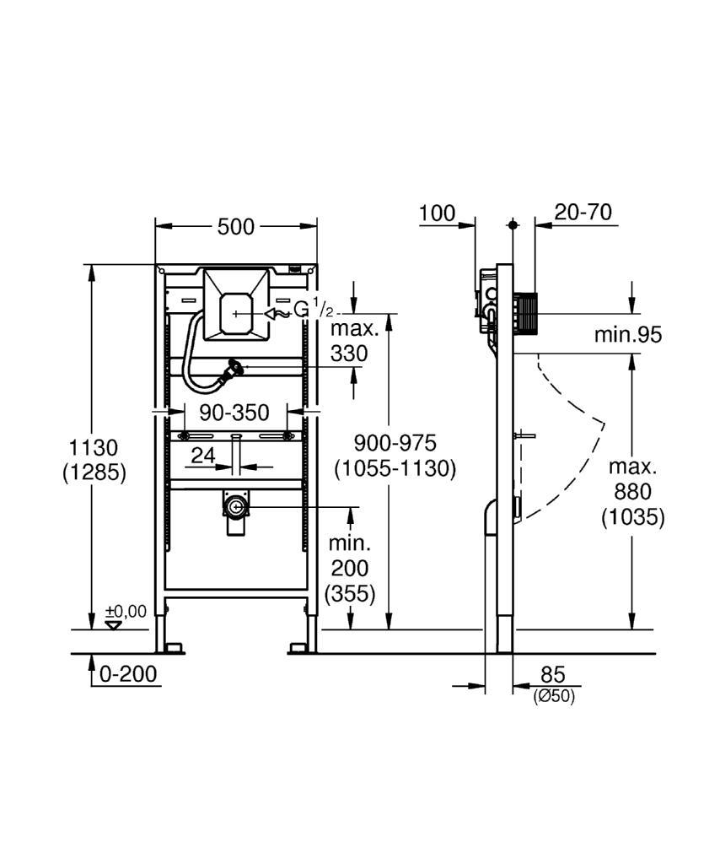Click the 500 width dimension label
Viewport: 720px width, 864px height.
(x=236, y=226)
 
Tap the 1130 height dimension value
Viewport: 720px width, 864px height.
(x=94, y=446)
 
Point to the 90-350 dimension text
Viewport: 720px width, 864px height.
(x=234, y=413)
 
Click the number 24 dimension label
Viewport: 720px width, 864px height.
(x=203, y=455)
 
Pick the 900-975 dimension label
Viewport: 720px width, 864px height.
(x=395, y=442)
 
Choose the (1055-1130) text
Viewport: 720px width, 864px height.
(x=395, y=467)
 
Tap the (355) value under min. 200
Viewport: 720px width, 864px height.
(x=348, y=593)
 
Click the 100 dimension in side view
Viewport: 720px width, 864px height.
(x=437, y=213)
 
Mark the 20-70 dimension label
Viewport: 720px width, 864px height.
(x=583, y=212)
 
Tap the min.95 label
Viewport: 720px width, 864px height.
(x=628, y=334)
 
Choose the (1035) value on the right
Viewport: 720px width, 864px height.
(x=633, y=516)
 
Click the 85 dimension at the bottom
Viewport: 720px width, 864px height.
(x=552, y=674)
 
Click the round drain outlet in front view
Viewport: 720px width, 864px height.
(x=235, y=506)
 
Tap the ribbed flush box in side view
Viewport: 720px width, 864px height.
(x=525, y=313)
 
